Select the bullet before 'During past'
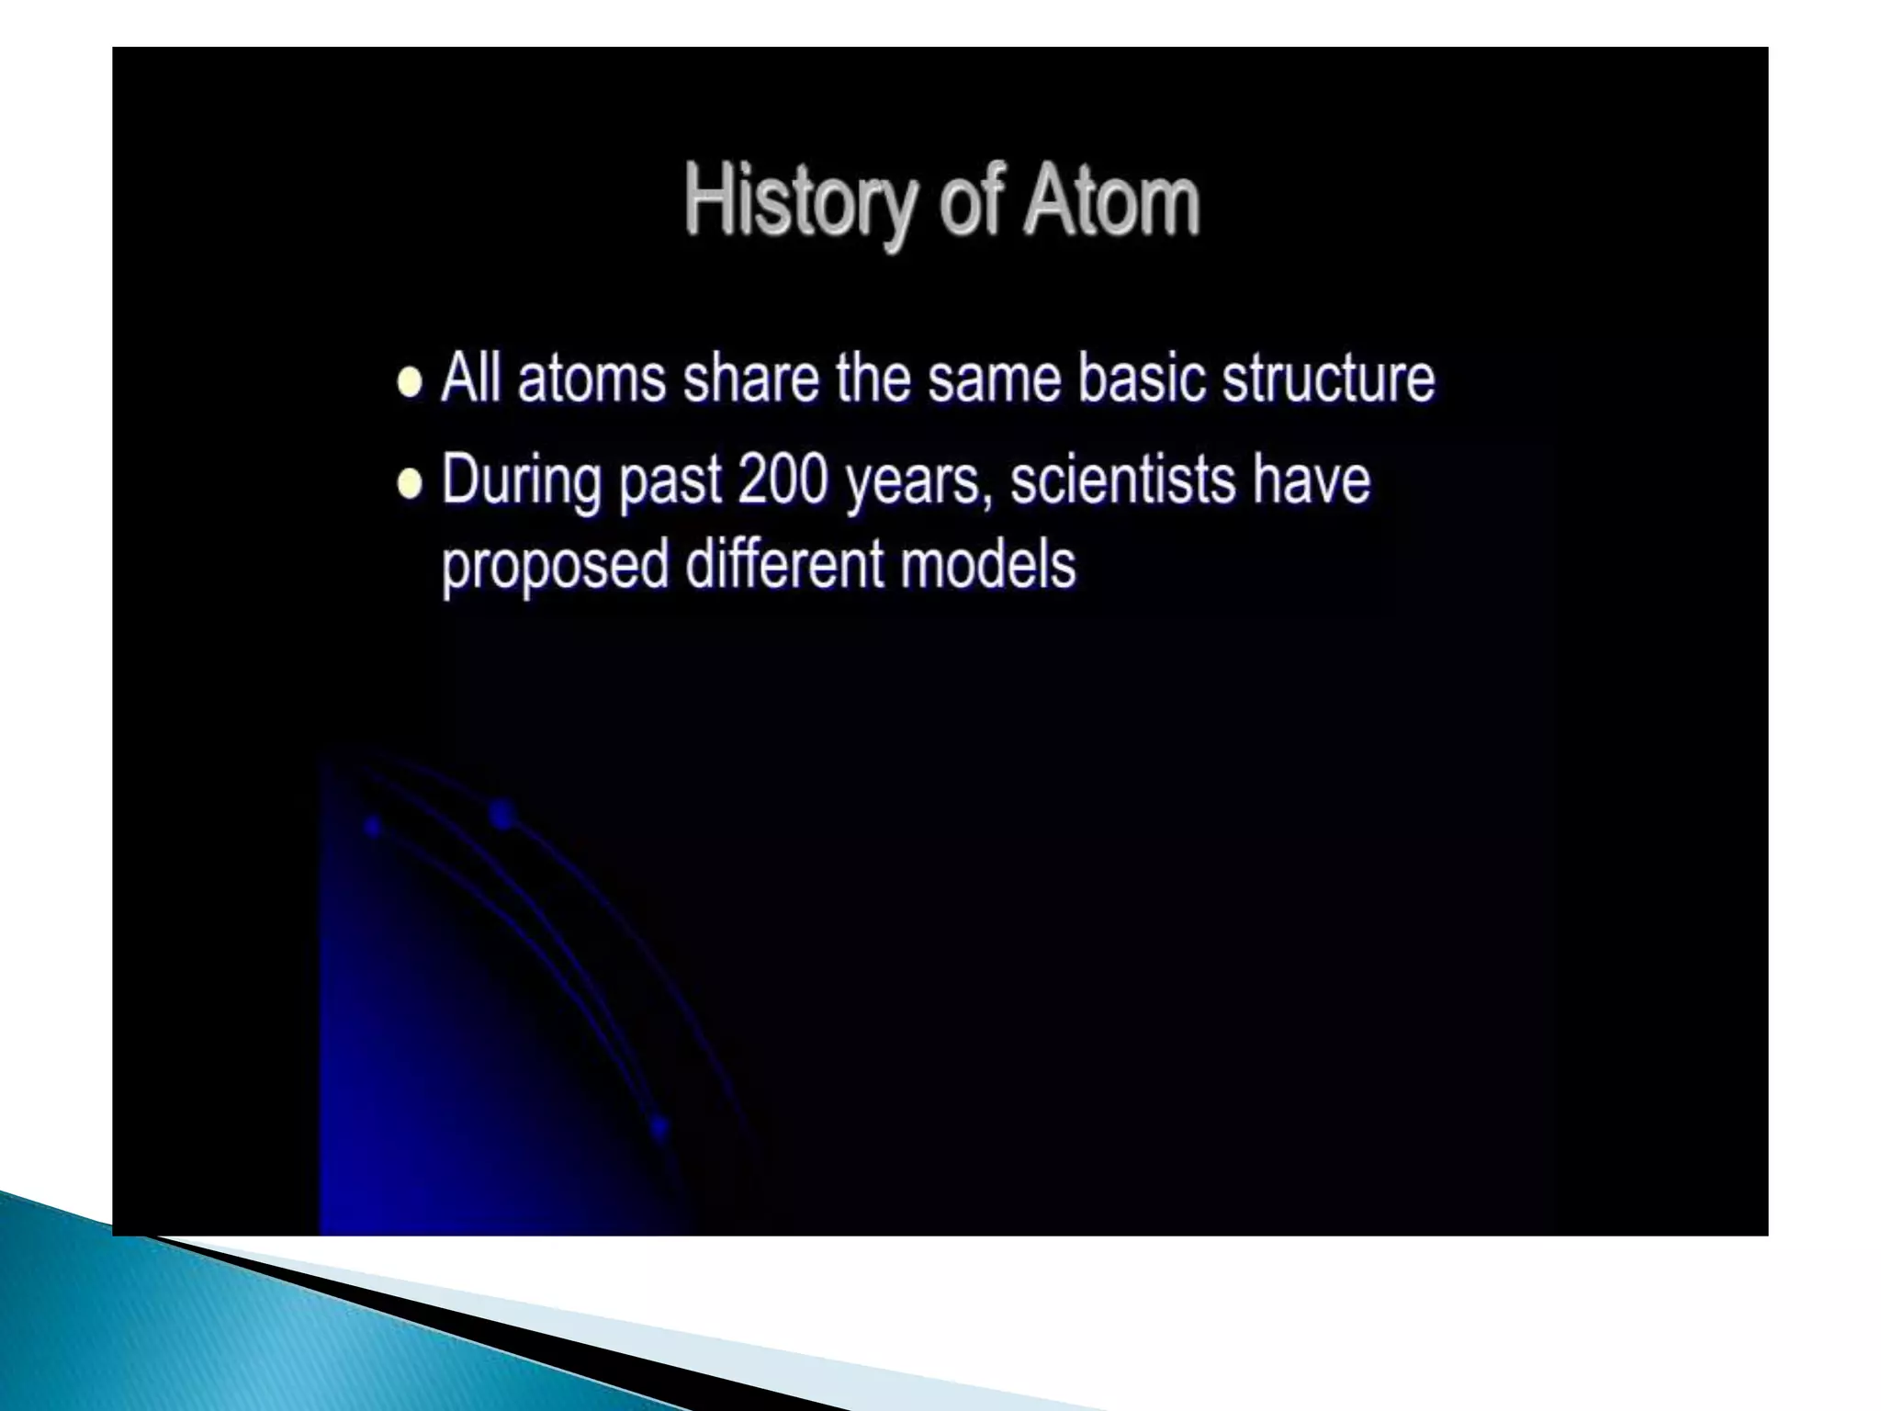pos(410,483)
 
